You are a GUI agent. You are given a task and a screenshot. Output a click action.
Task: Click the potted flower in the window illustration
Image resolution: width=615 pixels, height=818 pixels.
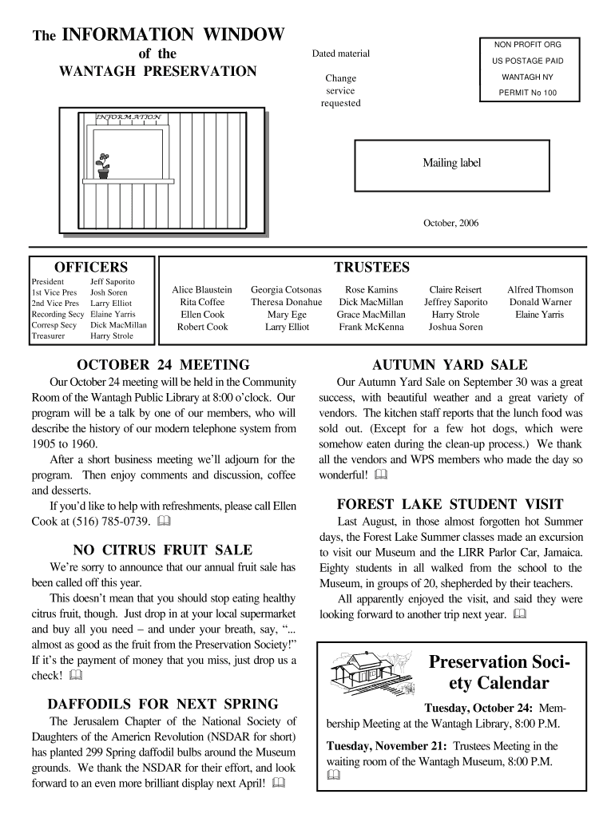[103, 166]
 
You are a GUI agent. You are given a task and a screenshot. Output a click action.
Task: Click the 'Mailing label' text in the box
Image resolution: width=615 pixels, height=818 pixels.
[452, 163]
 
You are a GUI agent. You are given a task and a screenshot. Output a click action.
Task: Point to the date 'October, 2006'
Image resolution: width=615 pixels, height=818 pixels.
[450, 223]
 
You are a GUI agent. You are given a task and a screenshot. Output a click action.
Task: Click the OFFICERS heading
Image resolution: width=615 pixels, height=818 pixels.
[90, 266]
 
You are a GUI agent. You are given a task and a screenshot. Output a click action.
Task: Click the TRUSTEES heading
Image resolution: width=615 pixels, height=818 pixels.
[371, 266]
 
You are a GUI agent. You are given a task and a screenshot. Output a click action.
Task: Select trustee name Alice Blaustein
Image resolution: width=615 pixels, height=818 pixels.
[202, 289]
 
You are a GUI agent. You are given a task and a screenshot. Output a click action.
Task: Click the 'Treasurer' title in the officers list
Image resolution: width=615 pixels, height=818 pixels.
[47, 336]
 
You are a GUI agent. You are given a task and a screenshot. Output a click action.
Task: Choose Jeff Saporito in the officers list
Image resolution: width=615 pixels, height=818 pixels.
[113, 282]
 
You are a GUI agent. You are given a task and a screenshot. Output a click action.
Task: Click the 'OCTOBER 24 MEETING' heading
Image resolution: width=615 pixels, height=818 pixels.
[163, 364]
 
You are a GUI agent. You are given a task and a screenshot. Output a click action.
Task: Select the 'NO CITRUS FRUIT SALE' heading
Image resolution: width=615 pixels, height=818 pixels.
[163, 550]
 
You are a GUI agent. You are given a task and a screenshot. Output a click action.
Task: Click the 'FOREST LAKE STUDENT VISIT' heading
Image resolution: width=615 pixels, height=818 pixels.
[450, 504]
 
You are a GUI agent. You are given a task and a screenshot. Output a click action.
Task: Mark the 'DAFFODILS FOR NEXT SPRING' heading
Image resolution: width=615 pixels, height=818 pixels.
[163, 704]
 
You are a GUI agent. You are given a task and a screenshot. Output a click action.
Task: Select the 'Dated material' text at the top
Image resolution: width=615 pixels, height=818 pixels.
[341, 54]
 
